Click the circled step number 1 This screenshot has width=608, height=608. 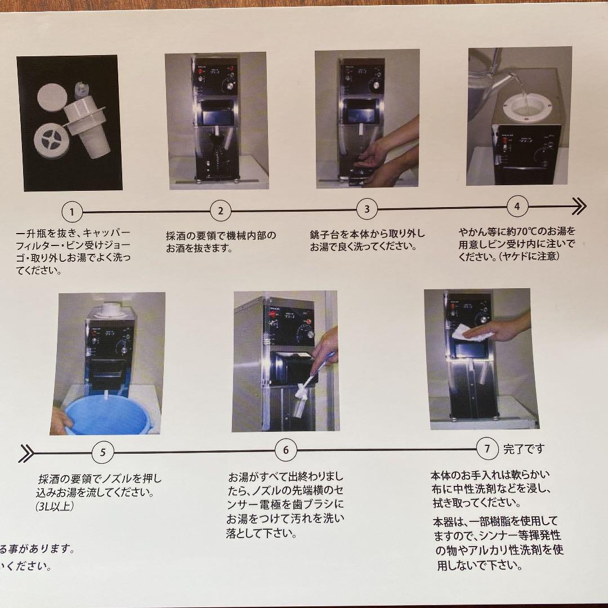72,212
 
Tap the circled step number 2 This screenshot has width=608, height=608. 220,211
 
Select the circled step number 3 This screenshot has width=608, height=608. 367,209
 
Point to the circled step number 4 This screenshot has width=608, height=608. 517,206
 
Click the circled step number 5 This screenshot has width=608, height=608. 102,451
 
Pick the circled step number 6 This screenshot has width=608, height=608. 286,450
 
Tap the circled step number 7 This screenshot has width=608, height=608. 488,449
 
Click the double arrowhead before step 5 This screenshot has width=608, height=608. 26,453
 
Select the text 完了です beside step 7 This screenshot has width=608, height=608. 524,449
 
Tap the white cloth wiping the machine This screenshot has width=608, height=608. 469,333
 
